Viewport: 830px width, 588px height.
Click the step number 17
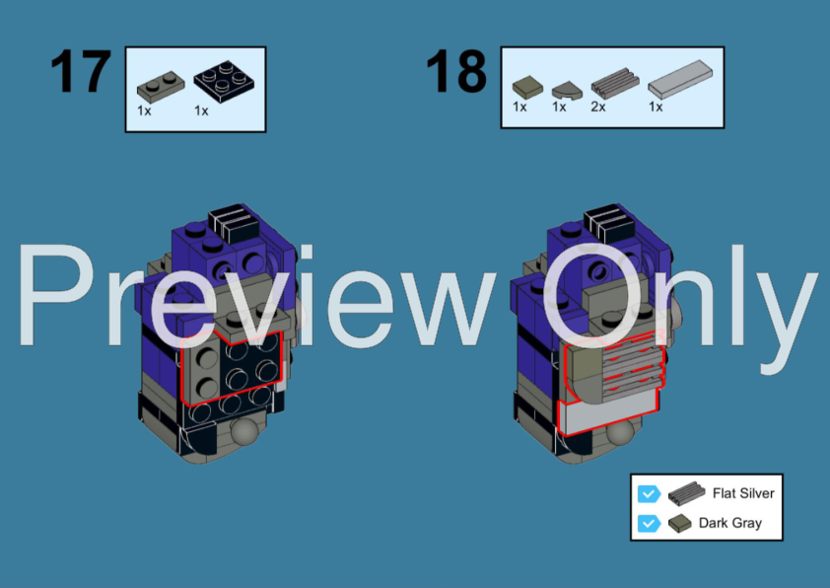coord(82,72)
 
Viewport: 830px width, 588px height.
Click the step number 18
coord(456,72)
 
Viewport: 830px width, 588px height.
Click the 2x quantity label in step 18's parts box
coord(597,108)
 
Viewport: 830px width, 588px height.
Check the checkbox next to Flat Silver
coord(648,493)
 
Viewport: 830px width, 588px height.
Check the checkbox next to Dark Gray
coord(648,523)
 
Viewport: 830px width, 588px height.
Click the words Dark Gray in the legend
coord(730,523)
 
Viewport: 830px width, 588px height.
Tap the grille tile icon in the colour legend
coord(682,493)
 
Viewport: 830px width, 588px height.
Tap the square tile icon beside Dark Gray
coord(679,523)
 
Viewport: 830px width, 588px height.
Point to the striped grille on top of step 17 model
coord(233,223)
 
